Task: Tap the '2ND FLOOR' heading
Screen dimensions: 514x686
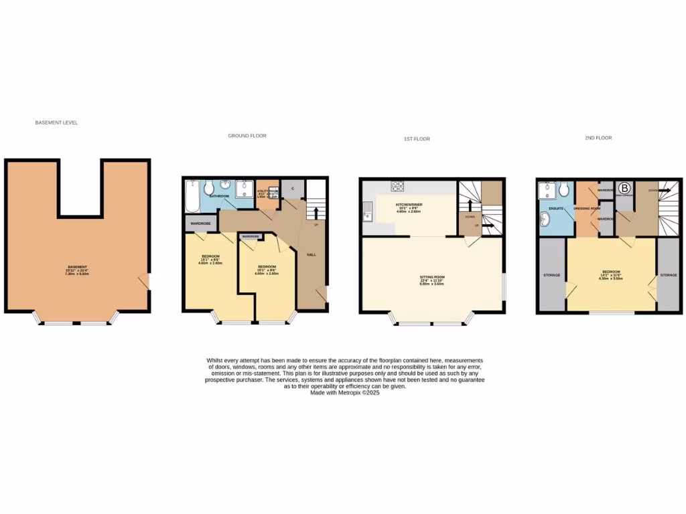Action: [x=598, y=138]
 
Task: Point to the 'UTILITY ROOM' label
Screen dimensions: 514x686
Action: [x=268, y=191]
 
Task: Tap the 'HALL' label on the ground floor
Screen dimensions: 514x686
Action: [x=312, y=255]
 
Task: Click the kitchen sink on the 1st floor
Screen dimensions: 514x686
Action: [x=367, y=216]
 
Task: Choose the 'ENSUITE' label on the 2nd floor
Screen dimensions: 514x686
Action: [x=555, y=208]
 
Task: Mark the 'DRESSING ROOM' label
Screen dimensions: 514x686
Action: [x=586, y=209]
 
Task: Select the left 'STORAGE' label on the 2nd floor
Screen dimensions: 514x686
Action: [x=552, y=275]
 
